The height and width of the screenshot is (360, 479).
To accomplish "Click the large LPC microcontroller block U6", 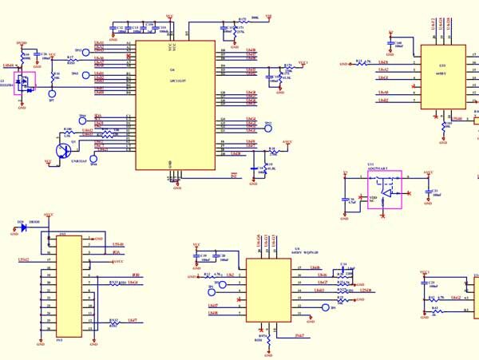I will tap(175, 105).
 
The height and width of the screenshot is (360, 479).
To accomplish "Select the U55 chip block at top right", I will tap(442, 77).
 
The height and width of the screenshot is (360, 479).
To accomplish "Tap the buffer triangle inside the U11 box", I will tap(387, 192).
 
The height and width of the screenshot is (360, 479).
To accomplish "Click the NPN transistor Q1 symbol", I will tap(63, 149).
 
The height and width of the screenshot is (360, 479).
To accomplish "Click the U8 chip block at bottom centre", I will tap(268, 292).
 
